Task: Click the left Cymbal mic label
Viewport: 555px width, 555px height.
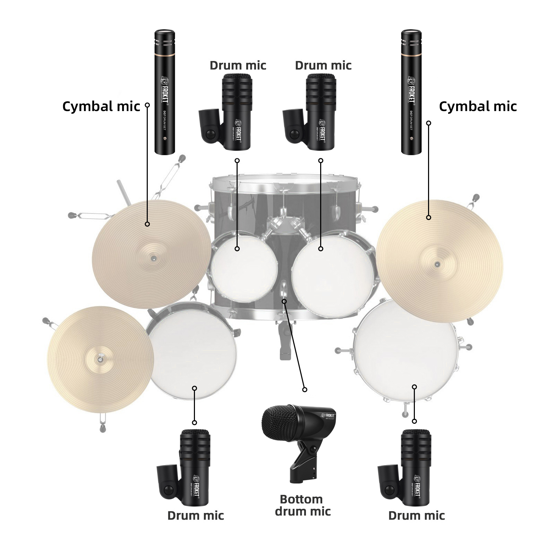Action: (101, 107)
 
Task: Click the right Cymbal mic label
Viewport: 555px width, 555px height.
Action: (478, 107)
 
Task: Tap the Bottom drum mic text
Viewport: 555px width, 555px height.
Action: (302, 505)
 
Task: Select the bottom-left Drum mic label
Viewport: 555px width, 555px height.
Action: (196, 515)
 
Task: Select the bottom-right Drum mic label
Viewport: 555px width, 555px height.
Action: (416, 515)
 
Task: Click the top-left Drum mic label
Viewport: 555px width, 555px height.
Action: (238, 65)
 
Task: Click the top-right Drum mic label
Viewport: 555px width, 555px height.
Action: (323, 65)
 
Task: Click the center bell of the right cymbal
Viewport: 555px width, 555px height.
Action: (437, 264)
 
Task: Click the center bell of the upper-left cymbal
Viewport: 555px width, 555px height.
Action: (154, 258)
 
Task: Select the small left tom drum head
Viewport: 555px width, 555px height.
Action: (244, 267)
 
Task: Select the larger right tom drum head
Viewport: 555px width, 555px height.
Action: (333, 274)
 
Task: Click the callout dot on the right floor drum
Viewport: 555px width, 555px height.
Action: (414, 387)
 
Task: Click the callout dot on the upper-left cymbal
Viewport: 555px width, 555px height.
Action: (147, 224)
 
